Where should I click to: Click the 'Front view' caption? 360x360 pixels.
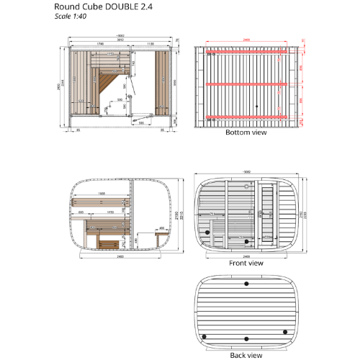[246, 264]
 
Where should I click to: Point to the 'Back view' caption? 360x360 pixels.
[246, 355]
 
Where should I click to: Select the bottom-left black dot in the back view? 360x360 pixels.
[204, 336]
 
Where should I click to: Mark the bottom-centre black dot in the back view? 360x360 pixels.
[247, 338]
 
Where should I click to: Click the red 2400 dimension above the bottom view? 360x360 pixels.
[245, 40]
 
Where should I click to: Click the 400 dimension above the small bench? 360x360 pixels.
[161, 228]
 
